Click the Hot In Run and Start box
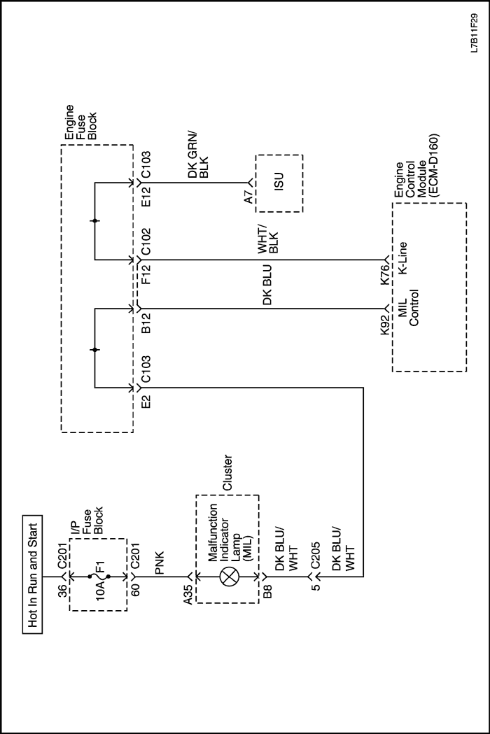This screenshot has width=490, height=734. click(32, 574)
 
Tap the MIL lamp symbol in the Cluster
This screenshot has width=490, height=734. click(227, 577)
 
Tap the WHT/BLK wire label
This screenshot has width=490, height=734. click(268, 239)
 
